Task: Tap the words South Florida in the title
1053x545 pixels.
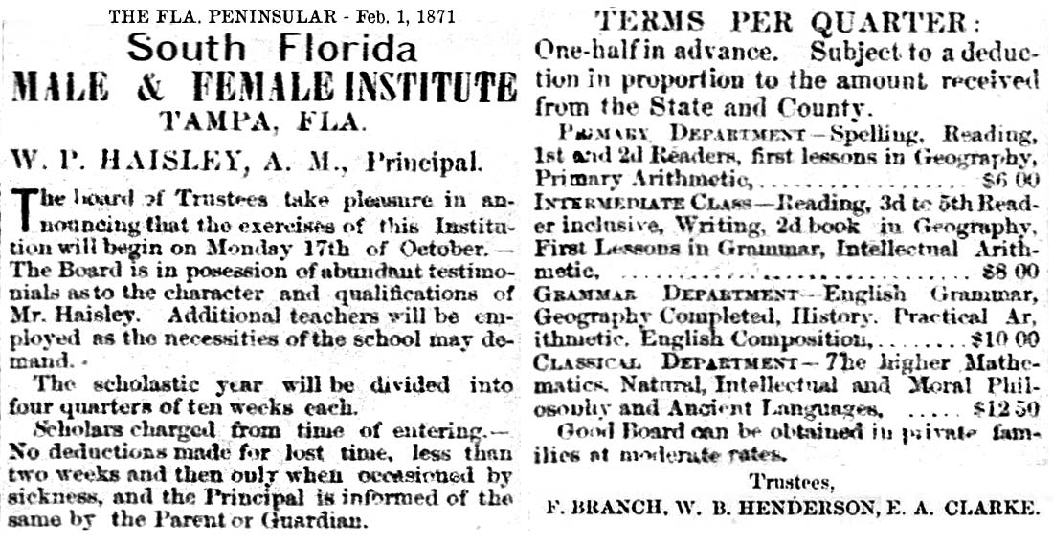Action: coord(272,49)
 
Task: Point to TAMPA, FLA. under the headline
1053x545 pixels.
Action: coord(262,121)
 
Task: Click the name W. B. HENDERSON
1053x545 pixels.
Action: coord(773,508)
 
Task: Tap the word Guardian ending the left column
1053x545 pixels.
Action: coord(323,522)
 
